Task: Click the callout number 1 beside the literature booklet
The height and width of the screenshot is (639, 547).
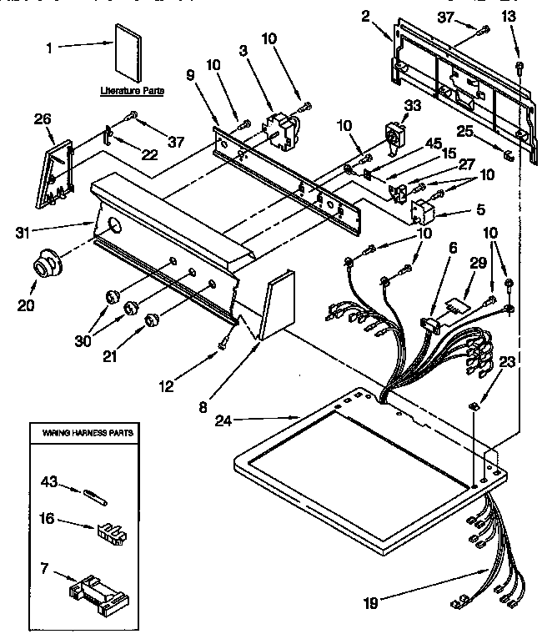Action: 49,48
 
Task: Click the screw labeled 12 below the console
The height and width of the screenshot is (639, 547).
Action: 224,343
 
